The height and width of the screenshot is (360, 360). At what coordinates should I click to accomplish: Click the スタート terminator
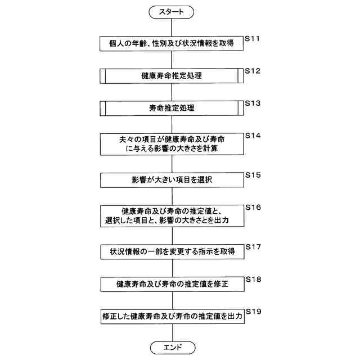(x=172, y=11)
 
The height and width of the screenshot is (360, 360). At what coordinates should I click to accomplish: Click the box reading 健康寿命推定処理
(x=172, y=75)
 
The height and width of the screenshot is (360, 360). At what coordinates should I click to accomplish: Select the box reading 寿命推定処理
(x=172, y=107)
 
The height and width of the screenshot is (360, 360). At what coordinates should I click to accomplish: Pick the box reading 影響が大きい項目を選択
(x=172, y=179)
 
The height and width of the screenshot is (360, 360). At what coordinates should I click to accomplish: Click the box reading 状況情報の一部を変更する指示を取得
(x=172, y=251)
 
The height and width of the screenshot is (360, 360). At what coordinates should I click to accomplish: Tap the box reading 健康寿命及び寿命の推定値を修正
(x=172, y=283)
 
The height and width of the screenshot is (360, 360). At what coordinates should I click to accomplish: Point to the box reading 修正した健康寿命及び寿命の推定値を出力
(x=172, y=316)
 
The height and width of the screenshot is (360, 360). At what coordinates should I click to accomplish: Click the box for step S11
(x=172, y=43)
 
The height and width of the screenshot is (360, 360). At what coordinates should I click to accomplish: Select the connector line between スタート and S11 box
(x=172, y=26)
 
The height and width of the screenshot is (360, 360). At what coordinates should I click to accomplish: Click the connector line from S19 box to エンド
(x=172, y=332)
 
